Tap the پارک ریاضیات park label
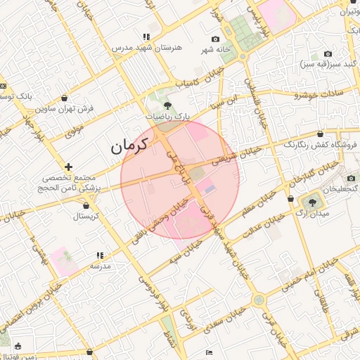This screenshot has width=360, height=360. pyautogui.click(x=167, y=115)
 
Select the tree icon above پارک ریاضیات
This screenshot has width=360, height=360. pyautogui.click(x=167, y=105)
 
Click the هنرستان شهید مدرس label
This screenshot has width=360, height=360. pyautogui.click(x=146, y=48)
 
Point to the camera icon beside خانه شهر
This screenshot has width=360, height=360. pyautogui.click(x=215, y=39)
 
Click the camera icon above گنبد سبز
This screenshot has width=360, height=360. pyautogui.click(x=328, y=54)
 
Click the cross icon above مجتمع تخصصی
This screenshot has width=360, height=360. pyautogui.click(x=68, y=167)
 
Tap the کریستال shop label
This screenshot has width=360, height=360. pyautogui.click(x=86, y=216)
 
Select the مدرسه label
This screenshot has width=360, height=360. pyautogui.click(x=99, y=266)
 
